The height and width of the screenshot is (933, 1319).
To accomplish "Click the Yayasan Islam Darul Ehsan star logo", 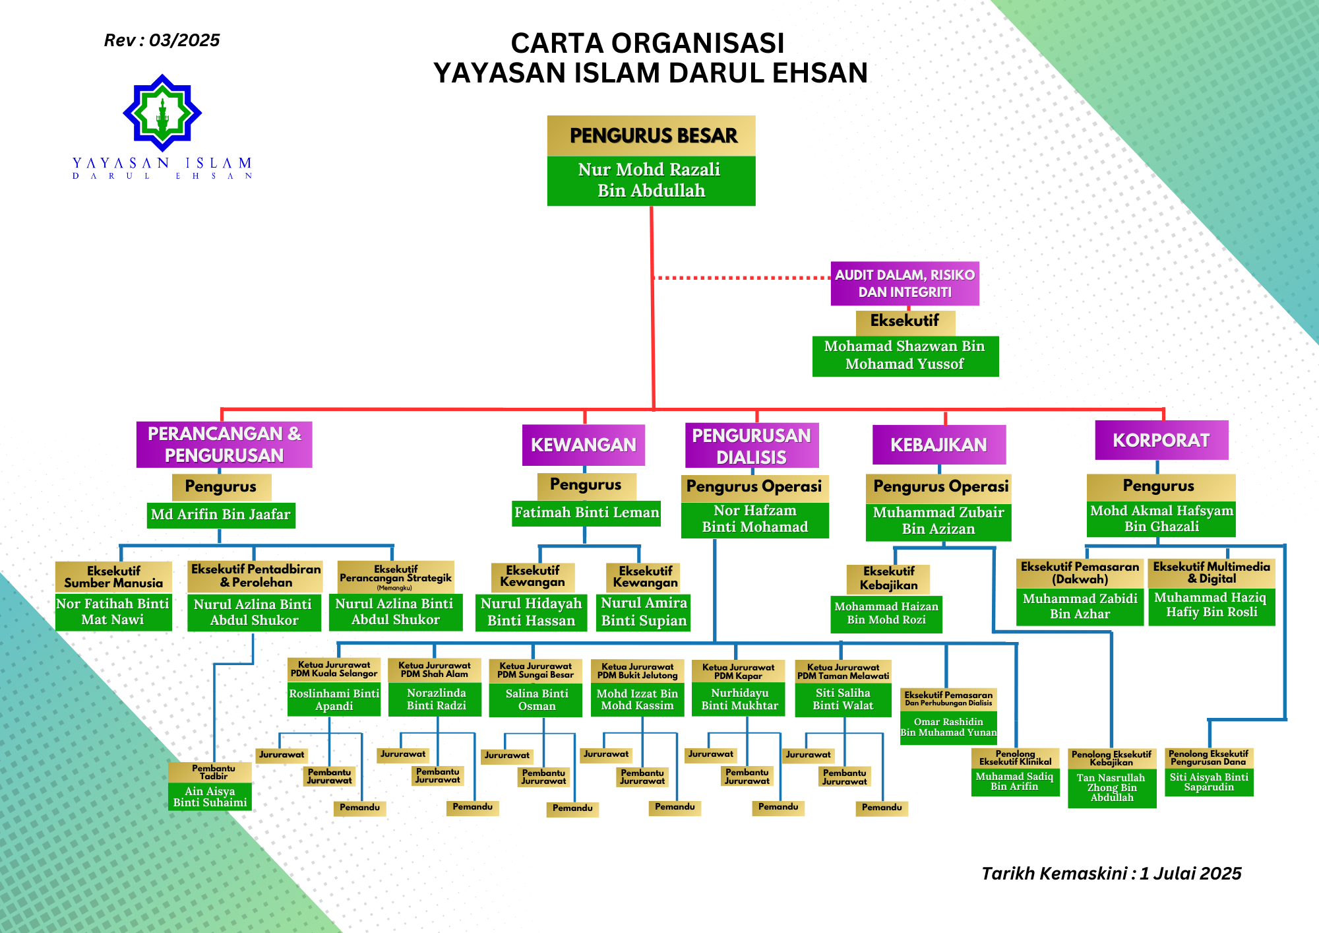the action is point(162,113).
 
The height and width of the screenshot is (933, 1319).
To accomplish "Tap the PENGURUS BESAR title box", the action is point(651,136).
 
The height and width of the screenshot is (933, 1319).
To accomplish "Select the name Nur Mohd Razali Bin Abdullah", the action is point(651,180).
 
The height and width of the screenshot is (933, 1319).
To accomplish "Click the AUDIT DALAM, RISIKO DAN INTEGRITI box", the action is point(905,284).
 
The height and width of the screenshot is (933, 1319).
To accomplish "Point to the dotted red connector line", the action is point(742,278).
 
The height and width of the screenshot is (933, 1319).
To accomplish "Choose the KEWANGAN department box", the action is point(584,445).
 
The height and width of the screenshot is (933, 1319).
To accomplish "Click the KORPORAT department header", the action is point(1161,440).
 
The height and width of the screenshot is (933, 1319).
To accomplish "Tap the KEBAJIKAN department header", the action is point(939,445).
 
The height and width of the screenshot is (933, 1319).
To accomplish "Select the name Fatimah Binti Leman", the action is point(586,513).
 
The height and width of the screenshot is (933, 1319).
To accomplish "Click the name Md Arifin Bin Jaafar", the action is point(221,515).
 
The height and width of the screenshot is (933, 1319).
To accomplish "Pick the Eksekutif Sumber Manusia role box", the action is point(113,577).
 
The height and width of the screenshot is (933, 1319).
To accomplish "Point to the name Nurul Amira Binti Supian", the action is point(644,612).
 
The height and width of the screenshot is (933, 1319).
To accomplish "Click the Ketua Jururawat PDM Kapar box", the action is point(739,671).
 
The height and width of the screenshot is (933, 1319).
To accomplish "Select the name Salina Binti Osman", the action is point(536,699).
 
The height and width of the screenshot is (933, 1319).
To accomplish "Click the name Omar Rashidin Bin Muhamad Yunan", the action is point(948,727).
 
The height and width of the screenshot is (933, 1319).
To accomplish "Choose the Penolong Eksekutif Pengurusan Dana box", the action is point(1209,757).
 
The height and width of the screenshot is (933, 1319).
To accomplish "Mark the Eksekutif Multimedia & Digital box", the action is point(1212,573).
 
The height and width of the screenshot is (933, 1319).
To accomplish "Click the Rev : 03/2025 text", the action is point(162,40).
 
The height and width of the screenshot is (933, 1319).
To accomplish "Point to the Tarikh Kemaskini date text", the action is point(1111,874).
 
